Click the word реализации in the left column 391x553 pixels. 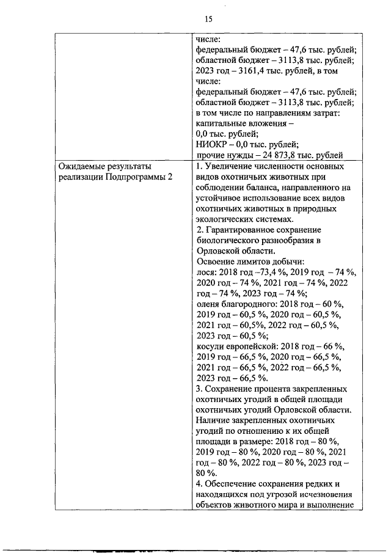click(x=79, y=177)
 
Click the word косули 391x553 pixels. click(x=209, y=345)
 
